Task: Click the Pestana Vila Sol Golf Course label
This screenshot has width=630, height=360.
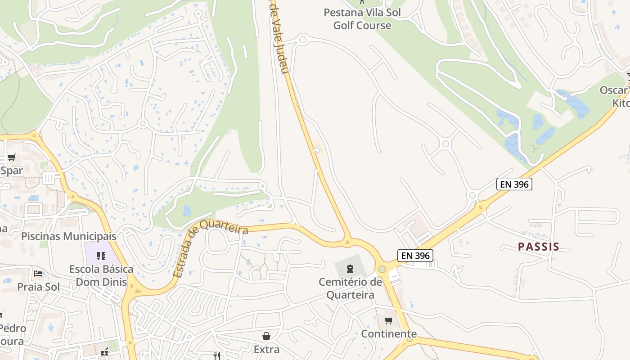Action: point(362,19)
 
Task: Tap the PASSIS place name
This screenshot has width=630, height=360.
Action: point(538,247)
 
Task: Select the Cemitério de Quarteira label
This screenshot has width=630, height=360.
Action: point(350,288)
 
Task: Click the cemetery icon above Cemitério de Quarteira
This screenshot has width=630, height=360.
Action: point(350,269)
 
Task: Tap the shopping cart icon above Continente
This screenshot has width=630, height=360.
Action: point(388,320)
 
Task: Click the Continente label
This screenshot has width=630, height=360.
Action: point(389,334)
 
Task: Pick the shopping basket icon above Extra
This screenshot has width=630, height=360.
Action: point(266,336)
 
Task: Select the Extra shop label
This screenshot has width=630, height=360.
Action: point(266,349)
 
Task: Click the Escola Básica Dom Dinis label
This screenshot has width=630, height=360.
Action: point(101,275)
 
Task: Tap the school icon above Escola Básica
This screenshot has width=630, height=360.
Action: point(101,256)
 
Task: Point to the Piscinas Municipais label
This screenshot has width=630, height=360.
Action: point(68,236)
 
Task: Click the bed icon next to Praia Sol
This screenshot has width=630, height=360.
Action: point(38,274)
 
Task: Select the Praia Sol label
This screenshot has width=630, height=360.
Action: point(38,287)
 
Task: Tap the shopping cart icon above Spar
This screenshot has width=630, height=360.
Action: point(12,157)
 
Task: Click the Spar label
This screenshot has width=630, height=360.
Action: point(12,171)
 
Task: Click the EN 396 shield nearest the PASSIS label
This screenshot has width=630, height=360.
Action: point(514,184)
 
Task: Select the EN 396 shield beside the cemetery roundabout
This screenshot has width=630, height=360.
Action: point(416,256)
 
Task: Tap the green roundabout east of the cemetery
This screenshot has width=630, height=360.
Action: point(382,269)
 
